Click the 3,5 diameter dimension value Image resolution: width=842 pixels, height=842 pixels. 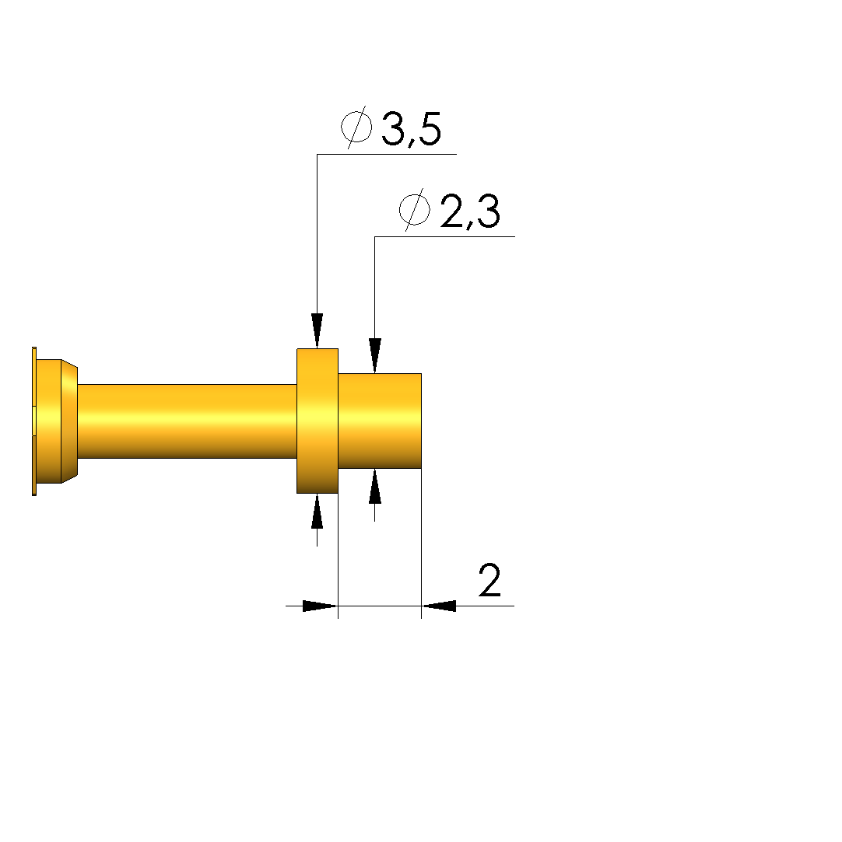tap(411, 129)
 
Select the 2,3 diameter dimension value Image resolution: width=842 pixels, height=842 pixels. tap(470, 211)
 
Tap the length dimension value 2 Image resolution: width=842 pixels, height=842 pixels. tap(489, 581)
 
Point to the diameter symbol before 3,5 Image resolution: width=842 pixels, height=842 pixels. tap(356, 128)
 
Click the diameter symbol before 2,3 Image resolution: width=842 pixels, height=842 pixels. tap(415, 209)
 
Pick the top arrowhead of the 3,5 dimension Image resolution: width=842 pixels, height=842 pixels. tap(317, 330)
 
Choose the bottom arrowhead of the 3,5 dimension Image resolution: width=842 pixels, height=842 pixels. tap(317, 512)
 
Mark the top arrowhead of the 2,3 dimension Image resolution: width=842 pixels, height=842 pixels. tap(375, 355)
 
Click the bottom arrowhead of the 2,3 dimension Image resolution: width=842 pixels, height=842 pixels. tap(375, 487)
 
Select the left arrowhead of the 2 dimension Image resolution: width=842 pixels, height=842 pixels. tap(321, 606)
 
